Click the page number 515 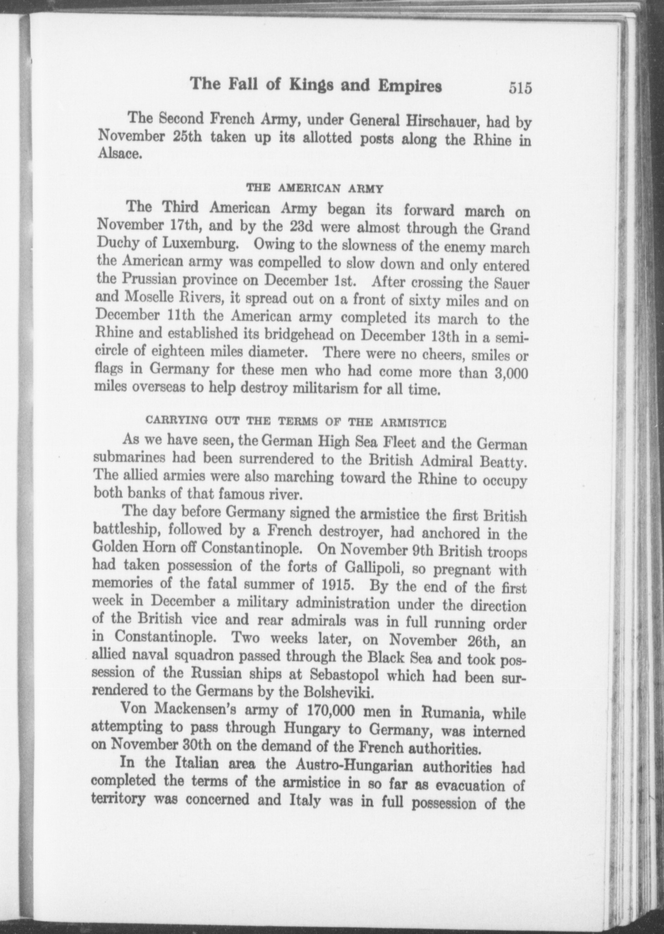click(520, 88)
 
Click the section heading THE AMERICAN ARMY click(314, 187)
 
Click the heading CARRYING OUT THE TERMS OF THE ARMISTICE click(295, 422)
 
